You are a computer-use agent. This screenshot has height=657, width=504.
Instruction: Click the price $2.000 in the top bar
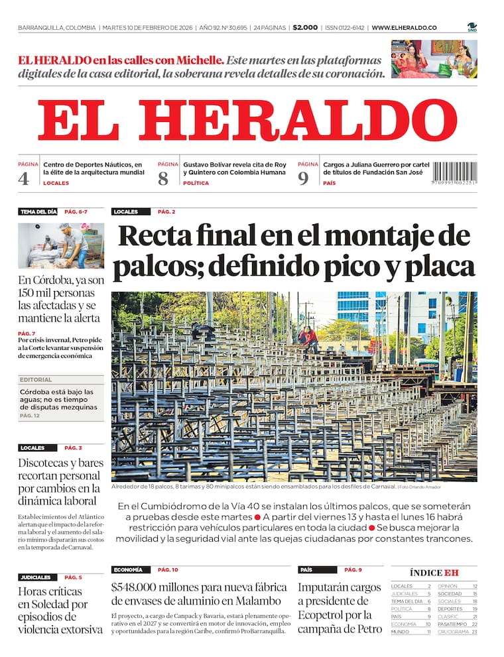click(305, 28)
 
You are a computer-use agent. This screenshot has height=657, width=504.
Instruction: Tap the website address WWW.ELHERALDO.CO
click(404, 28)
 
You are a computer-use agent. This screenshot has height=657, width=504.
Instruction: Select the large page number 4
click(24, 178)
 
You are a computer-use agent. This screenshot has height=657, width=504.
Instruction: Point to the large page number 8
click(163, 178)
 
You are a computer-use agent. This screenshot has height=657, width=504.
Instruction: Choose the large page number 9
click(303, 178)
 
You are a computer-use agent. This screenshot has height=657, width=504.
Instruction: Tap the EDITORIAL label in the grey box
click(36, 380)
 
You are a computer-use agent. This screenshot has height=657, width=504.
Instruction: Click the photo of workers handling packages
click(61, 245)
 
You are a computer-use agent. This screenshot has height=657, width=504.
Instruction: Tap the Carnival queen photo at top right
click(434, 59)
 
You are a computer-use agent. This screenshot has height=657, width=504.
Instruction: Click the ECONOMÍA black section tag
click(128, 569)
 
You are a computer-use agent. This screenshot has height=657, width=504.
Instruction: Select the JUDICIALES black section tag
click(36, 577)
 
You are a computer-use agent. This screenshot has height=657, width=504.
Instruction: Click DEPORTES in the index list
click(450, 609)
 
